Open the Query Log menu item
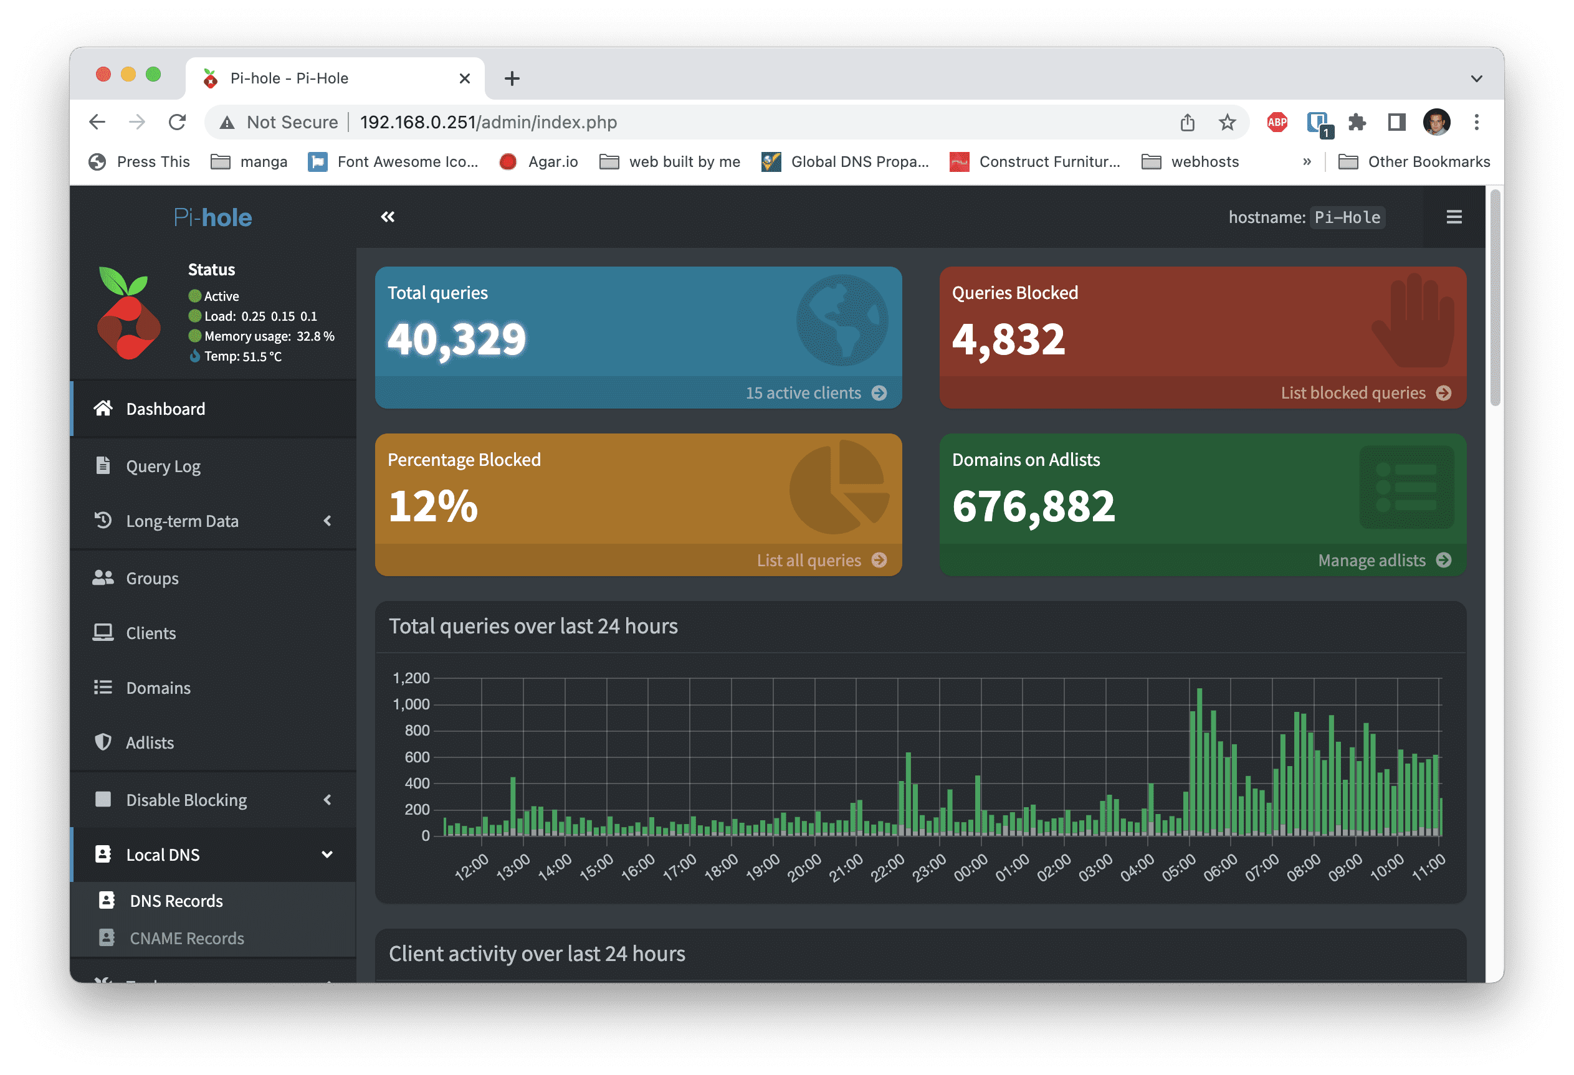(163, 466)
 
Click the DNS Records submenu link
(176, 901)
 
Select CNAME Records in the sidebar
(186, 938)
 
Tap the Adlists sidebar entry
(150, 742)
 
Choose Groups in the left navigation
(151, 578)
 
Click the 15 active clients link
(816, 392)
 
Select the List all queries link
(821, 560)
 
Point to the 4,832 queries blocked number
(1008, 339)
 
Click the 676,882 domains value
(1034, 506)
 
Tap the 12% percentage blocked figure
(433, 506)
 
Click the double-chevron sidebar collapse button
(388, 217)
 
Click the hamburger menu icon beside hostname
(1454, 217)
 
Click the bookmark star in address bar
(1227, 123)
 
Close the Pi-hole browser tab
(465, 78)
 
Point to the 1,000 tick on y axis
(411, 704)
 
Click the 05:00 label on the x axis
(1179, 867)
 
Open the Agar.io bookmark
(538, 162)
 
